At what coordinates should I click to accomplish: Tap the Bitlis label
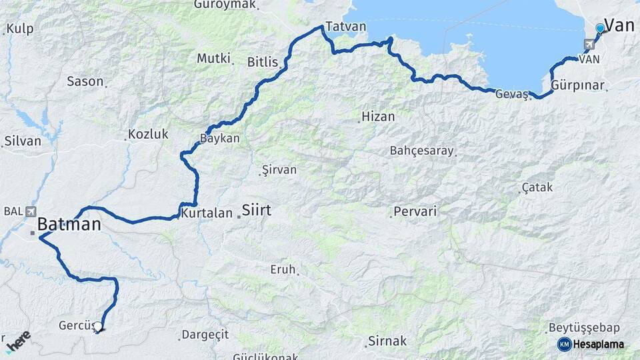pyautogui.click(x=262, y=62)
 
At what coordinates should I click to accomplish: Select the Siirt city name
pyautogui.click(x=256, y=210)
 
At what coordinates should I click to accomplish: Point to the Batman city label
pyautogui.click(x=69, y=224)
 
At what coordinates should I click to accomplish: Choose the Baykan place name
pyautogui.click(x=219, y=139)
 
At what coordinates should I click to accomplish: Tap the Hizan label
pyautogui.click(x=378, y=117)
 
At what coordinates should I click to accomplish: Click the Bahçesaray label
pyautogui.click(x=421, y=150)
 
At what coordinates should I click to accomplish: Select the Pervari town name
pyautogui.click(x=415, y=212)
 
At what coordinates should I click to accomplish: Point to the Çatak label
pyautogui.click(x=537, y=187)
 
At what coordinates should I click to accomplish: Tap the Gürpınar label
pyautogui.click(x=578, y=86)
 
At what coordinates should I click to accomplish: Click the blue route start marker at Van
pyautogui.click(x=600, y=28)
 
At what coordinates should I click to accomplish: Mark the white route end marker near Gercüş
pyautogui.click(x=98, y=327)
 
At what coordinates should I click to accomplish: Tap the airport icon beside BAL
pyautogui.click(x=31, y=211)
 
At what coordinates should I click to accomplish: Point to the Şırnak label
pyautogui.click(x=387, y=341)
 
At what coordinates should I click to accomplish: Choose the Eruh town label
pyautogui.click(x=283, y=269)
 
